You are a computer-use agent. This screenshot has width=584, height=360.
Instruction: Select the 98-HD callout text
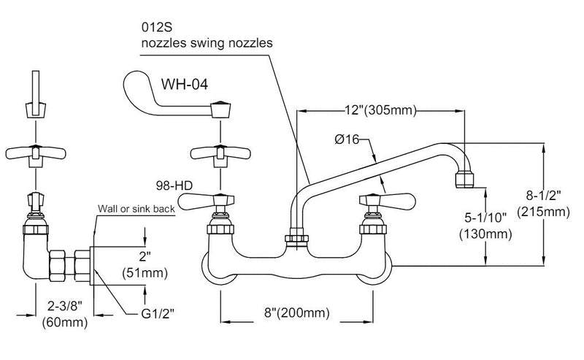(x=173, y=185)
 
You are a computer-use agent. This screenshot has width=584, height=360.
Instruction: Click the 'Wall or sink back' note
(x=137, y=208)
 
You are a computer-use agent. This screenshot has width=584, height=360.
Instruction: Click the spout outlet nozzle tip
(x=465, y=179)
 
